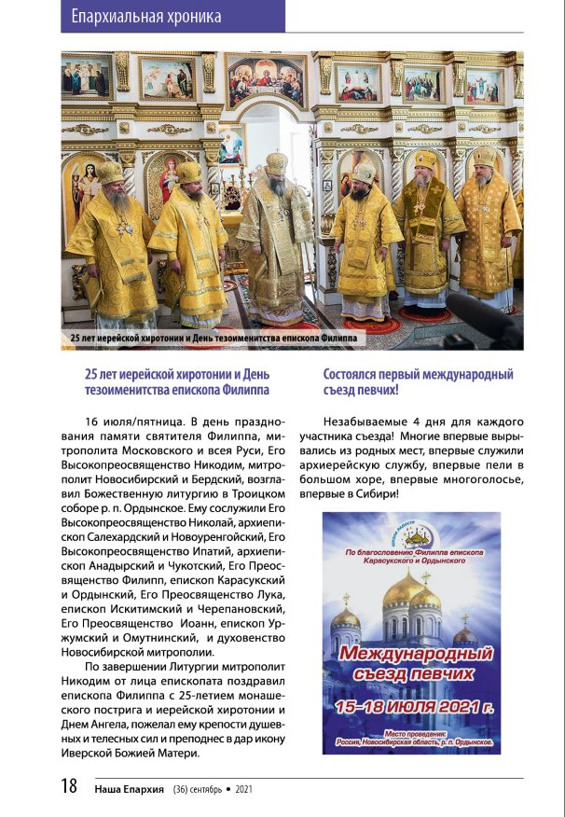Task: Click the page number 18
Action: point(68,786)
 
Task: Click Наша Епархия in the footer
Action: point(130,789)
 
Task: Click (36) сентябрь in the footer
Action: point(198,789)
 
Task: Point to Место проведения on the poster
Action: point(411,733)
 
